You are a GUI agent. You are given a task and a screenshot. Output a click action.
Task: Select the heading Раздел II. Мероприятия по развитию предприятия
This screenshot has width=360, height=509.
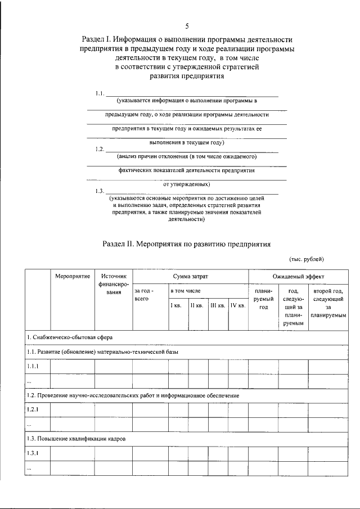186,245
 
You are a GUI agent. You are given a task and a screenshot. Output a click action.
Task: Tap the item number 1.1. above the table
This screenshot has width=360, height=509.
100,93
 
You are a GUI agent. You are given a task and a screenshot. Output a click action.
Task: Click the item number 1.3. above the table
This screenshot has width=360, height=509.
100,191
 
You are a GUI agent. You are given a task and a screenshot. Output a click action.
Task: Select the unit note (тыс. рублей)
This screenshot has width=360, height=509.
306,259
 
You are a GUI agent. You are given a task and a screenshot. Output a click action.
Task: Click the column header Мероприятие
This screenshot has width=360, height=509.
73,277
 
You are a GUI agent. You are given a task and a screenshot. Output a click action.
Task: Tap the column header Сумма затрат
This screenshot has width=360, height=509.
190,277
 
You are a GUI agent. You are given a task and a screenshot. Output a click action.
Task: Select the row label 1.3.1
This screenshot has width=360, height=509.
33,452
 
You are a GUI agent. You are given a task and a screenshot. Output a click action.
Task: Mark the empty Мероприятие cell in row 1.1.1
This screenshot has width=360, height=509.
73,367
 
